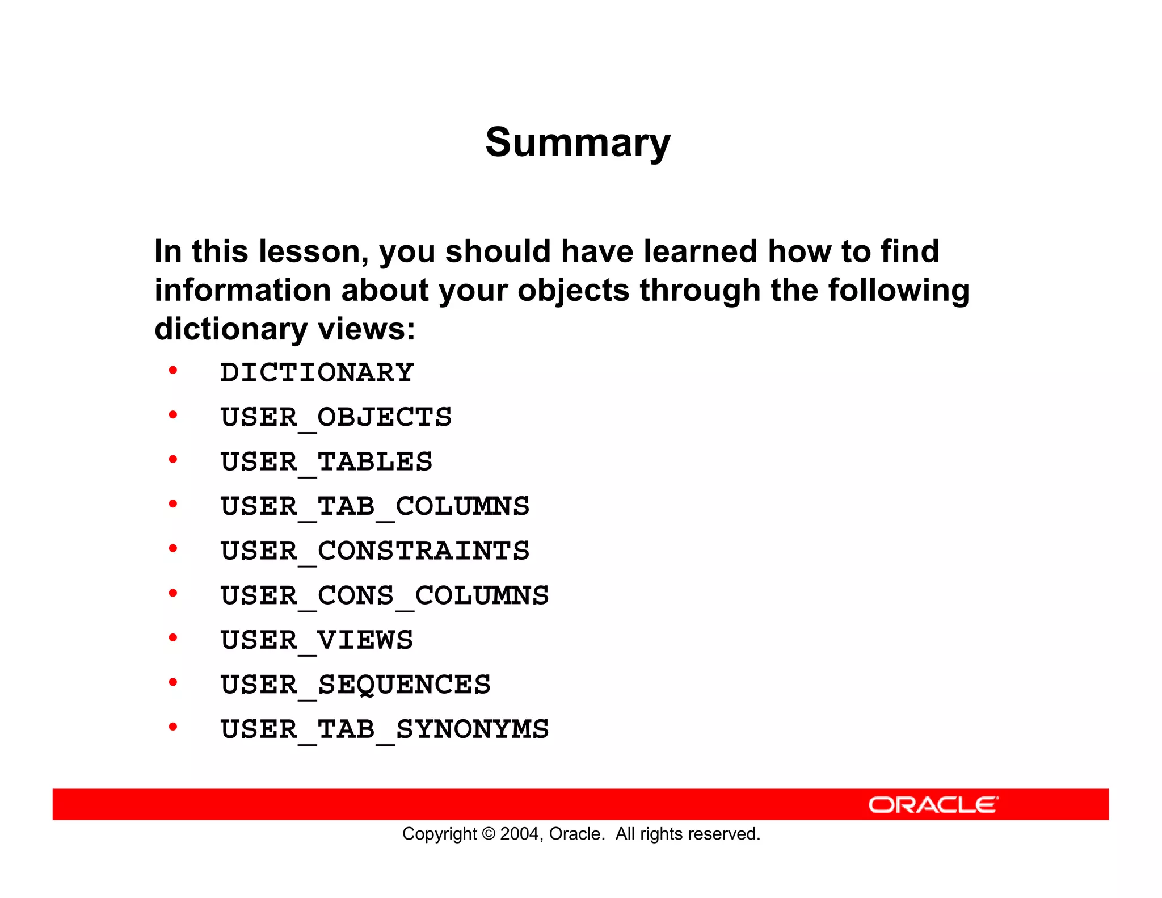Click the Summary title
click(578, 142)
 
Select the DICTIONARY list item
click(317, 373)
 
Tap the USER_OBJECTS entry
click(336, 418)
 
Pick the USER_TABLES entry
click(326, 462)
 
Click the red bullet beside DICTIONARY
click(173, 371)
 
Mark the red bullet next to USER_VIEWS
click(173, 638)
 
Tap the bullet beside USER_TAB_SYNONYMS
click(173, 727)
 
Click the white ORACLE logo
click(933, 805)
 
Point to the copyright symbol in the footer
click(488, 834)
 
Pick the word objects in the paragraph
click(573, 291)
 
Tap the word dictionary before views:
click(230, 329)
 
